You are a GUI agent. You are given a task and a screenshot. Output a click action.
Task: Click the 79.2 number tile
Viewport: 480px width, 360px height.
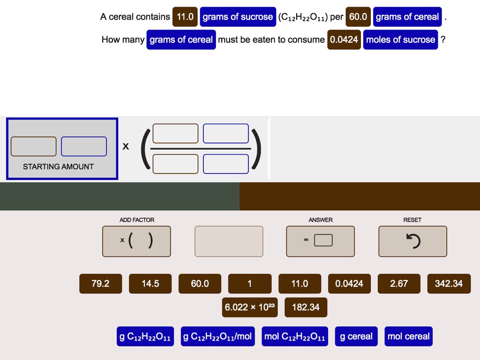point(100,284)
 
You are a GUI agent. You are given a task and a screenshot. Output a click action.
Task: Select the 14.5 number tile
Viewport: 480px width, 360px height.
point(150,284)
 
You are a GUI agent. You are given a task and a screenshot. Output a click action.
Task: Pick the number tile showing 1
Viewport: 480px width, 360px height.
point(249,284)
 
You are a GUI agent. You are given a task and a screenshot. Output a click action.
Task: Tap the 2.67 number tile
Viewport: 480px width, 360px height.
point(399,284)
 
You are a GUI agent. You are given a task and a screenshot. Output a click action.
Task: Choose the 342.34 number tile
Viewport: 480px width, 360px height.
point(449,284)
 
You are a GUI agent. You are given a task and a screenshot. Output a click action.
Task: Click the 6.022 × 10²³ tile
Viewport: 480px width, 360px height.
point(250,307)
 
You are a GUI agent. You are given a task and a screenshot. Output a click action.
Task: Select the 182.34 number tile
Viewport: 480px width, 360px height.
point(306,307)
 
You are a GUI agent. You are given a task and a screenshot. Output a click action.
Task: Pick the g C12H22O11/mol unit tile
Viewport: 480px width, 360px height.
point(217,337)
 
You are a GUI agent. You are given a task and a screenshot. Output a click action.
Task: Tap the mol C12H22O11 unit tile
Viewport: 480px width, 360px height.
point(295,337)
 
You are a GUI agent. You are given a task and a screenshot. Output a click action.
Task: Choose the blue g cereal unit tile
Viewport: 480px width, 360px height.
point(356,337)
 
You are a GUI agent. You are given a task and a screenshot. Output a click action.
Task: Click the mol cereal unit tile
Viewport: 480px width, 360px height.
point(408,337)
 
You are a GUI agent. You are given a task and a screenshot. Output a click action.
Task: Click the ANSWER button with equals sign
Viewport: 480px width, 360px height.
point(320,241)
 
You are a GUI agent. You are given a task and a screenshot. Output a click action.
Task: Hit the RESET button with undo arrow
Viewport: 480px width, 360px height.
point(412,241)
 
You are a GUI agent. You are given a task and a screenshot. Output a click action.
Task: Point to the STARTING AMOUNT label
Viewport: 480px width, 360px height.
point(58,166)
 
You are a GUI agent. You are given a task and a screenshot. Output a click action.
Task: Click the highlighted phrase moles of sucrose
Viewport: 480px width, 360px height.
point(400,40)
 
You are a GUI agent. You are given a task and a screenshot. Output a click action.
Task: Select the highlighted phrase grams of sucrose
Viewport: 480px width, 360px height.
point(238,17)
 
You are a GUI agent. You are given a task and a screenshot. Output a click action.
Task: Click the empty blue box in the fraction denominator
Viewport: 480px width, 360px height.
point(226,164)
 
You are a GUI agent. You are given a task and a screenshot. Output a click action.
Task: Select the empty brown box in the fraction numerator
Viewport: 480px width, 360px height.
point(175,134)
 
